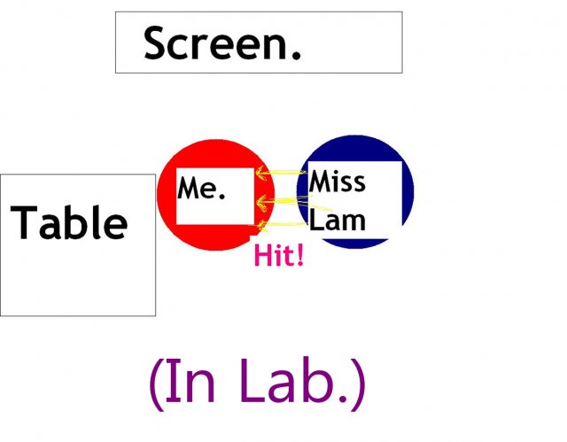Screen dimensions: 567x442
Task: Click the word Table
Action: [x=69, y=222]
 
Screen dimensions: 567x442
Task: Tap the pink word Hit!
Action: [x=279, y=255]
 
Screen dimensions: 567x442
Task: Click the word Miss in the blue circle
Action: [x=337, y=181]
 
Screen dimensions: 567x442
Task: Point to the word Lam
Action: [x=338, y=220]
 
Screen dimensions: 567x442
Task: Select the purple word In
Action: [x=190, y=381]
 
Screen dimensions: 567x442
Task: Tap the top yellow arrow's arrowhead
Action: [x=262, y=173]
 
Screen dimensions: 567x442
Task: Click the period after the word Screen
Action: [x=296, y=55]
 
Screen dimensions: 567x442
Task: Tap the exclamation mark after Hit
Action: [x=299, y=255]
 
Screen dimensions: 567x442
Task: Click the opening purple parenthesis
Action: [x=156, y=384]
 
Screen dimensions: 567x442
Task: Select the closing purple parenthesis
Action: [x=358, y=384]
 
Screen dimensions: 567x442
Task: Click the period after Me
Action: [x=221, y=196]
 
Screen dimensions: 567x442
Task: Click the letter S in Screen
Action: [x=154, y=43]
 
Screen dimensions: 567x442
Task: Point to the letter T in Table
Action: [x=23, y=222]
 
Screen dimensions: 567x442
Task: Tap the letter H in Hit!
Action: [x=262, y=255]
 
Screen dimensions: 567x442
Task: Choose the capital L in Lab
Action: [x=252, y=381]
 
